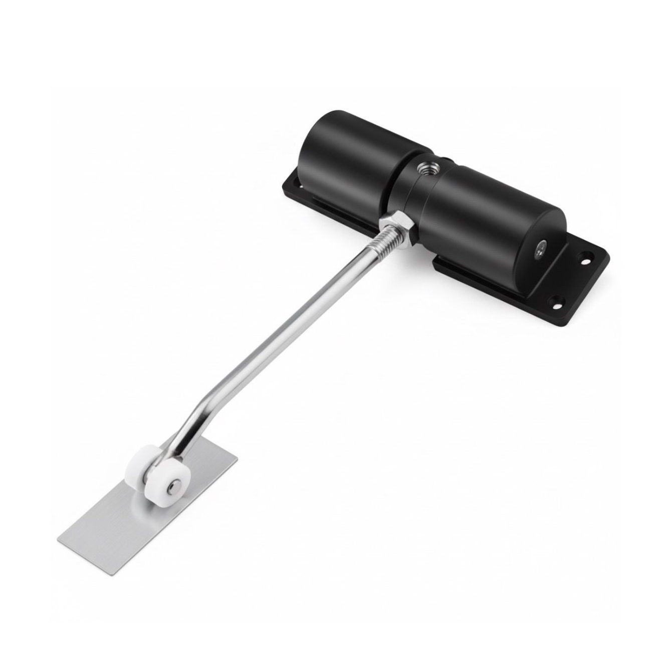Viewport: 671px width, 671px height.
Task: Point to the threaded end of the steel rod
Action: pyautogui.click(x=380, y=241)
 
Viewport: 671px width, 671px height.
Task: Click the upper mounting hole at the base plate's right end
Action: pyautogui.click(x=584, y=261)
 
